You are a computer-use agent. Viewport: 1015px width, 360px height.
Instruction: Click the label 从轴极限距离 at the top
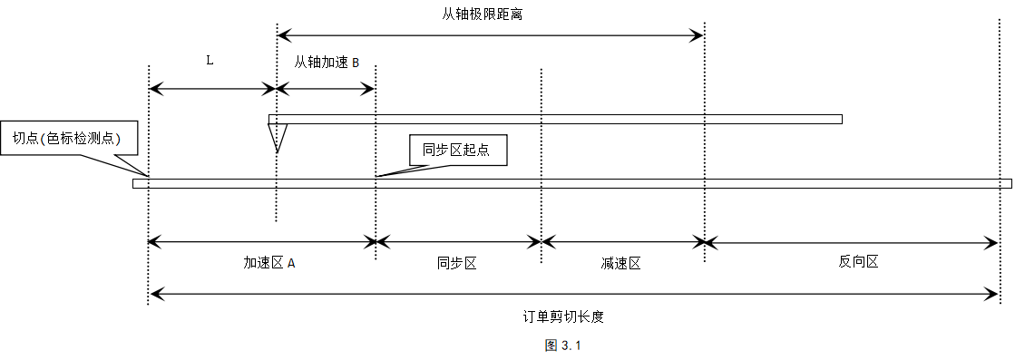[x=482, y=15]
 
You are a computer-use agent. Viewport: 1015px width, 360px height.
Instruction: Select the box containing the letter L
[x=210, y=61]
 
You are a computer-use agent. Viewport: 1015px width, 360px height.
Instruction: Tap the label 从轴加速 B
[x=327, y=63]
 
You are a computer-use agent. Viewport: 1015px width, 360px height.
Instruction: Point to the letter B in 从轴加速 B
[x=356, y=63]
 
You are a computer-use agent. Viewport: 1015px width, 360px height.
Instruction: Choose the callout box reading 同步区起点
[x=457, y=151]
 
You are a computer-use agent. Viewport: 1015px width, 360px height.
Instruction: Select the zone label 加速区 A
[x=268, y=264]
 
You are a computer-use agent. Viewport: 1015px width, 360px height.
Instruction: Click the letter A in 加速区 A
[x=291, y=264]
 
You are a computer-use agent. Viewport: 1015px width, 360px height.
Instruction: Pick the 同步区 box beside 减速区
[x=456, y=264]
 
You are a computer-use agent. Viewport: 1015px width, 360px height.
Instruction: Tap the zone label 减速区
[x=620, y=265]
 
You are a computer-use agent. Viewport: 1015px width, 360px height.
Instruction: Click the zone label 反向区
[x=857, y=263]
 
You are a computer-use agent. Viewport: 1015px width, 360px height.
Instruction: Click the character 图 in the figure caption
[x=551, y=345]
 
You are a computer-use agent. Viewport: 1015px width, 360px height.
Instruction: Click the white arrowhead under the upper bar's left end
[x=278, y=137]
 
